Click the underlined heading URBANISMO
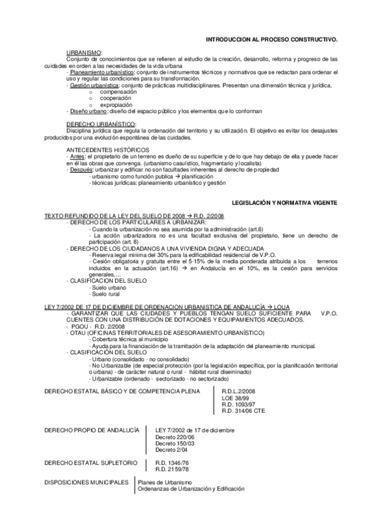point(85,52)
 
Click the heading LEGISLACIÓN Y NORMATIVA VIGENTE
point(284,203)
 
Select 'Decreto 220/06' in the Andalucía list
point(175,437)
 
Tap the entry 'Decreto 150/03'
point(175,444)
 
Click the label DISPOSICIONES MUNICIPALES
point(87,482)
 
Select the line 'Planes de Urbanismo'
point(165,483)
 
